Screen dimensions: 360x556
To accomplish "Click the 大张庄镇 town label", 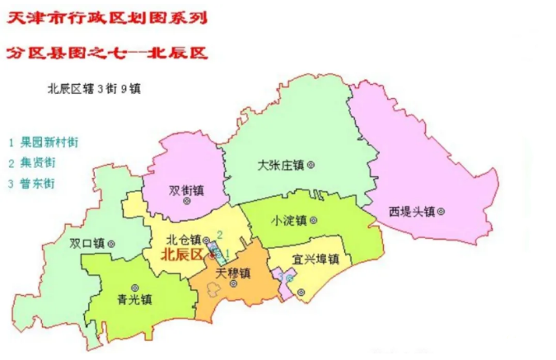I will pyautogui.click(x=281, y=165).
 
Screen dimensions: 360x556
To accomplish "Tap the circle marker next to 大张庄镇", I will pyautogui.click(x=311, y=165).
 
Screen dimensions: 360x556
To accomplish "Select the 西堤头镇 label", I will pyautogui.click(x=411, y=212).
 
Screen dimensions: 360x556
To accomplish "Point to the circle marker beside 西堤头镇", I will pyautogui.click(x=442, y=212).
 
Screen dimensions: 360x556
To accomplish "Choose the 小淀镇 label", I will pyautogui.click(x=288, y=221).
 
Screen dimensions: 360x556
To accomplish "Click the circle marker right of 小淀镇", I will pyautogui.click(x=313, y=221).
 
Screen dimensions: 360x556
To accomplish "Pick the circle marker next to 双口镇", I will pyautogui.click(x=111, y=243).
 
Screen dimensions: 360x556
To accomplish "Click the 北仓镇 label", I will pyautogui.click(x=183, y=239).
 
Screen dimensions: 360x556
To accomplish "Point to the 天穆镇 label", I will pyautogui.click(x=231, y=271).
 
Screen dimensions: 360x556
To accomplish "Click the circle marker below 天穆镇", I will pyautogui.click(x=234, y=283).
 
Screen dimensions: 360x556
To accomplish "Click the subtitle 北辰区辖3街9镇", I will pyautogui.click(x=94, y=89).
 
